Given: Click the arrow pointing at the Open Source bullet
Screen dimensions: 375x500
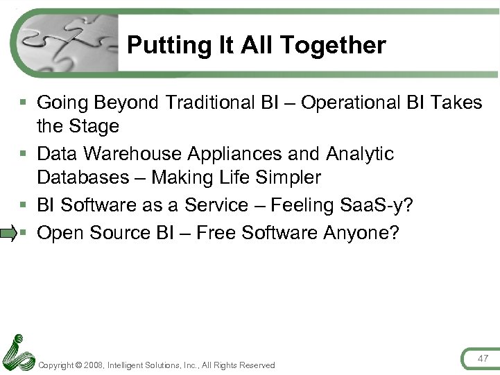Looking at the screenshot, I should pyautogui.click(x=8, y=234).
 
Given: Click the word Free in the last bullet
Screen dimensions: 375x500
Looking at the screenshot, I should pyautogui.click(x=216, y=233).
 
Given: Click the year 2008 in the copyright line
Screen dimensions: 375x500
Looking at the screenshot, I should pyautogui.click(x=93, y=365).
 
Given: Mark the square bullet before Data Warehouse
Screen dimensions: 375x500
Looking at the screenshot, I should pyautogui.click(x=24, y=153).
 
